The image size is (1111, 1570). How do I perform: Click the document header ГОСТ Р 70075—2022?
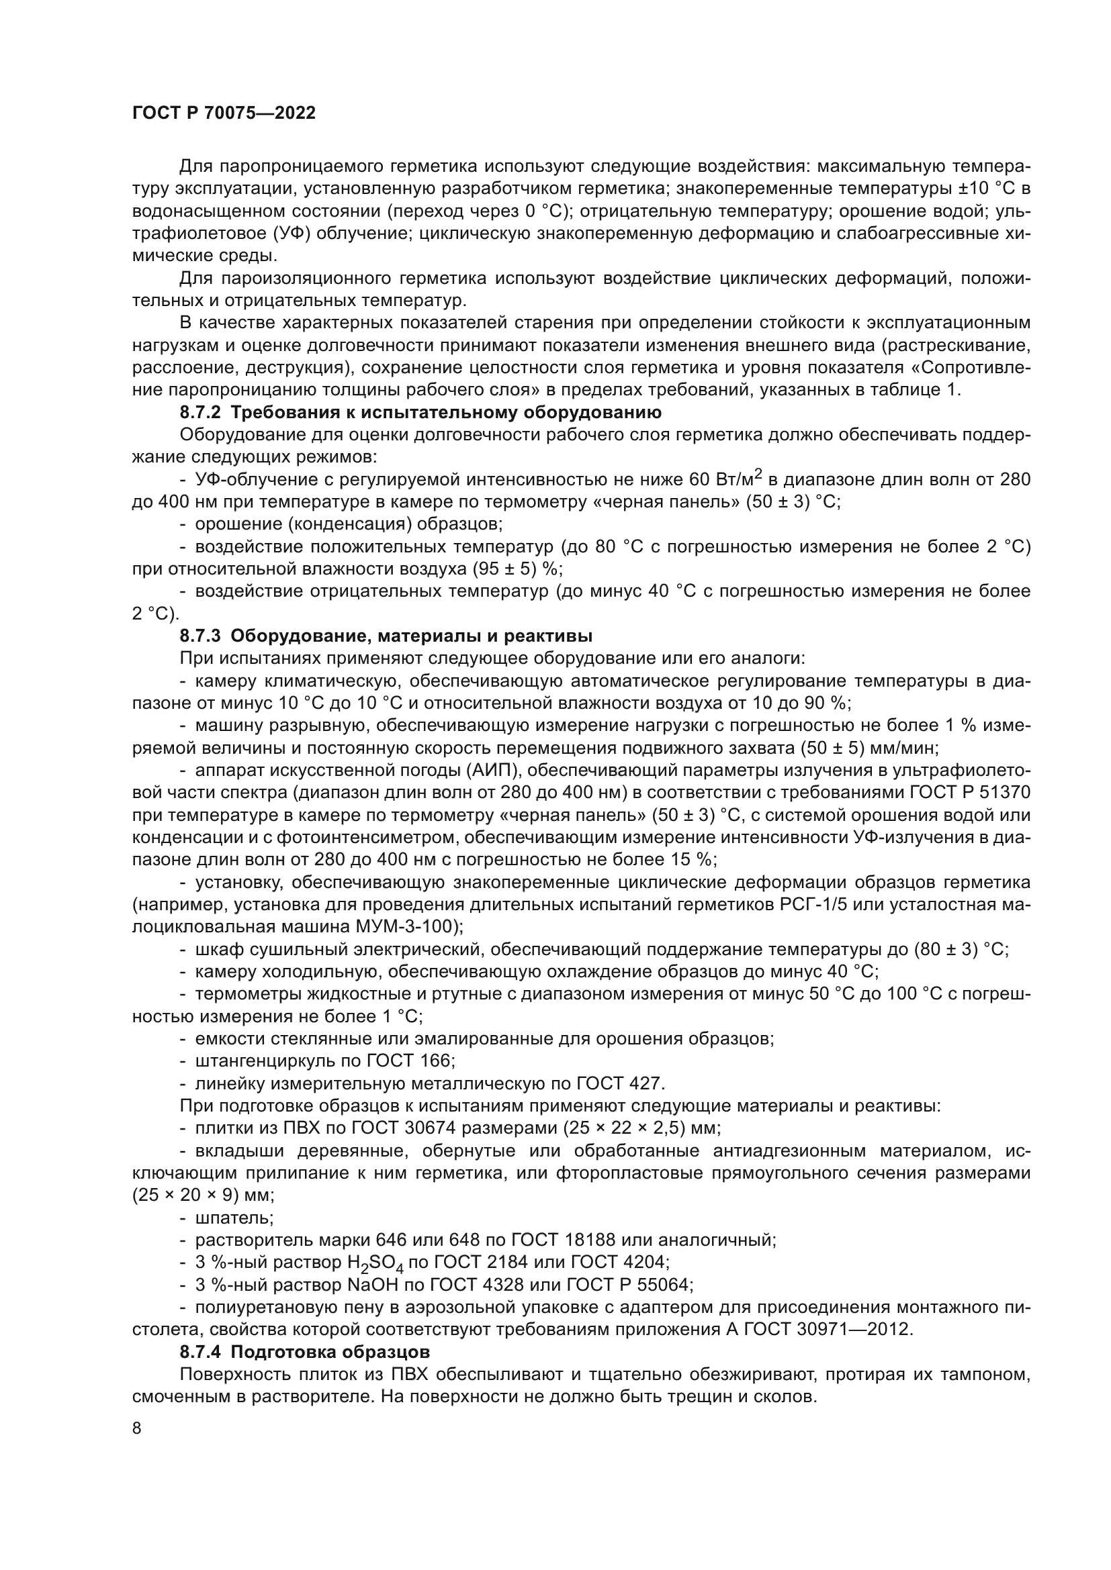[x=224, y=113]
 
